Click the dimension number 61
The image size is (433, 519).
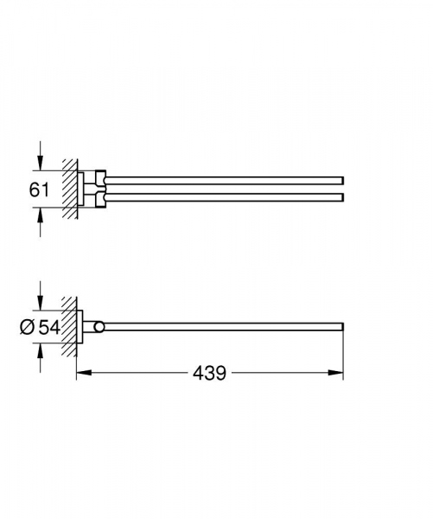click(40, 189)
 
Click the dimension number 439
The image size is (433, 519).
click(209, 373)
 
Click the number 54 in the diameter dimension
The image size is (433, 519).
click(49, 326)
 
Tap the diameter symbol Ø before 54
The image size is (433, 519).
click(26, 326)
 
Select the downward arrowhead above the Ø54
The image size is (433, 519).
click(40, 303)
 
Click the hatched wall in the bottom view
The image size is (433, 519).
click(68, 326)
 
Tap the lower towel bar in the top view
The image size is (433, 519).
click(225, 198)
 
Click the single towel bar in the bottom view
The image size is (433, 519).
click(225, 326)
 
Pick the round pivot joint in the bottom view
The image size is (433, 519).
click(102, 326)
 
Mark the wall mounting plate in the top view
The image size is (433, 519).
click(84, 189)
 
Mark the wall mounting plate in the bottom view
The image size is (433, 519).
click(80, 326)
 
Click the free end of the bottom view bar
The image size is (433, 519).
click(342, 326)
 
